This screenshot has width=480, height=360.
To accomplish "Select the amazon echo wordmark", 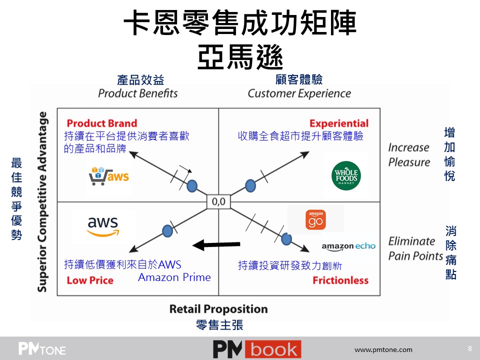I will (x=348, y=246).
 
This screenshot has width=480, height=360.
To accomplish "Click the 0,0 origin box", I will (x=218, y=201).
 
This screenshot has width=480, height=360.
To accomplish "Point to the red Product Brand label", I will (x=101, y=123).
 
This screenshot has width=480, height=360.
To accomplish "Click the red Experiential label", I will (x=338, y=123).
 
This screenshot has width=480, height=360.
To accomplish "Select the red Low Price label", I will (x=89, y=280).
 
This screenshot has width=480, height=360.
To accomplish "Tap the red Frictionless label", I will (x=340, y=280).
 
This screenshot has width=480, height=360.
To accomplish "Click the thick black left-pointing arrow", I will (x=216, y=244).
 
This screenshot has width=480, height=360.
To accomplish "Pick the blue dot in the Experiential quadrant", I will (x=250, y=186).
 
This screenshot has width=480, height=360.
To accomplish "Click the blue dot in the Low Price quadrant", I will (x=167, y=230).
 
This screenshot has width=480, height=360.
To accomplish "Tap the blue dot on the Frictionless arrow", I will (x=286, y=239).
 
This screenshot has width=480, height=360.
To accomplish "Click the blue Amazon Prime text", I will (x=174, y=277).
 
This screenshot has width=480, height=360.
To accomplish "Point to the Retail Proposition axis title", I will (x=218, y=309).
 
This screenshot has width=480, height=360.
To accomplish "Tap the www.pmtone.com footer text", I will (x=383, y=349).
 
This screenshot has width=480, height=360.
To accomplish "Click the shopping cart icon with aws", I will (x=108, y=175).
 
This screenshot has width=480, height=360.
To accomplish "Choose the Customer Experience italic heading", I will (x=299, y=93).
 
